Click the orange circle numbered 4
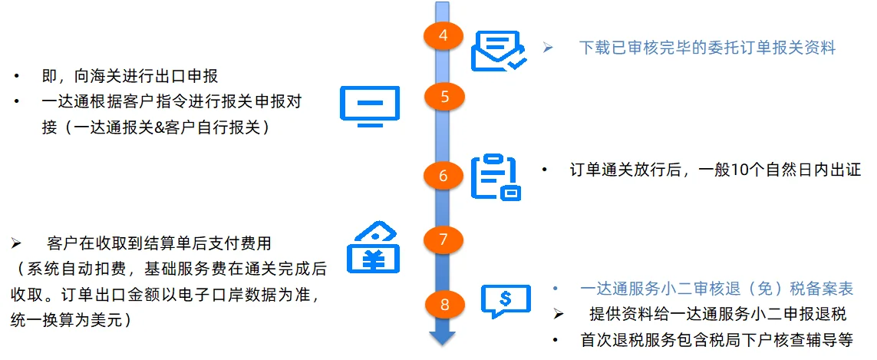point(443,36)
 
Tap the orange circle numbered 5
point(443,96)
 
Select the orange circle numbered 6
point(443,176)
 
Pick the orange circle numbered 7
point(443,239)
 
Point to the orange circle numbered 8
point(443,305)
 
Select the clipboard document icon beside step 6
point(495,177)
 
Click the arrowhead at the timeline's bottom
point(443,339)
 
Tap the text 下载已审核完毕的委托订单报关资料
point(707,48)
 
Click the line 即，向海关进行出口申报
point(130,77)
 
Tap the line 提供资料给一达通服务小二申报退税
point(717,314)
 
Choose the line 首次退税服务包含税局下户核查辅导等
point(717,340)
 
